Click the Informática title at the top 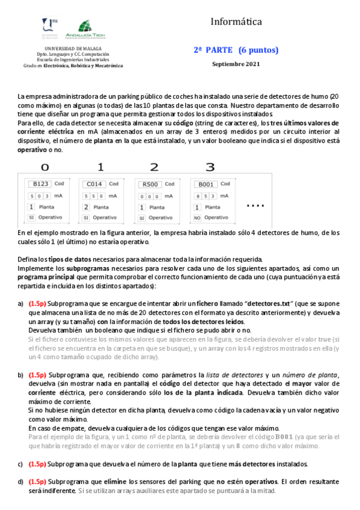point(236,22)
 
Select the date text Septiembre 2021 point(236,64)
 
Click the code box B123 point(40,184)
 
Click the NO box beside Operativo point(197,217)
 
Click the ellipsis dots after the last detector point(255,206)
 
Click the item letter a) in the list point(21,304)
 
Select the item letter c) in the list point(21,464)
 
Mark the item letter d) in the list point(21,482)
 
